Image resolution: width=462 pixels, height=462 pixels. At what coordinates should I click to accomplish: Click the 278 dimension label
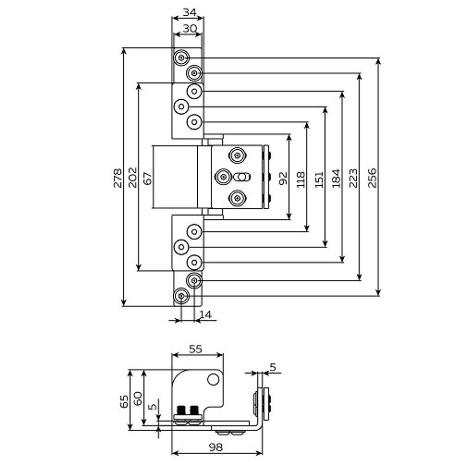pos(117,177)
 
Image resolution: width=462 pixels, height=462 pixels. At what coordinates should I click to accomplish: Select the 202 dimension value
pos(133,177)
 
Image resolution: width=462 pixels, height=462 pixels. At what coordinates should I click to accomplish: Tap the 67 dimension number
pos(147,177)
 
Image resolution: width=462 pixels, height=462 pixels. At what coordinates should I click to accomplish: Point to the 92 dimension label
pos(283,178)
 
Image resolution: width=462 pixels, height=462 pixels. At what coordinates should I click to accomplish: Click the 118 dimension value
pos(301,179)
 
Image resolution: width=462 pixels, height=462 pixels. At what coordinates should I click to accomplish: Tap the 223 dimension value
pos(353,178)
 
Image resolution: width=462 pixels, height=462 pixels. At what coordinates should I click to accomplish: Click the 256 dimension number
pos(372,178)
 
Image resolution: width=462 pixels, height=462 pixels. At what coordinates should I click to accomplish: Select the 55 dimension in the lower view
pos(196,349)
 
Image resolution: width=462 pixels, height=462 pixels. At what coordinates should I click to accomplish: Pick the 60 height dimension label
pos(138,398)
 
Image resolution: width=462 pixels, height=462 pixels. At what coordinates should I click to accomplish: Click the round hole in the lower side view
pos(213,379)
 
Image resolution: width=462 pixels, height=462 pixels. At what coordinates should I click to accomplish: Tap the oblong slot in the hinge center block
pos(242,176)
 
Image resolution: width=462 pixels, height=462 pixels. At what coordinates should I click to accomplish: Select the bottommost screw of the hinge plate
pos(181,296)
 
